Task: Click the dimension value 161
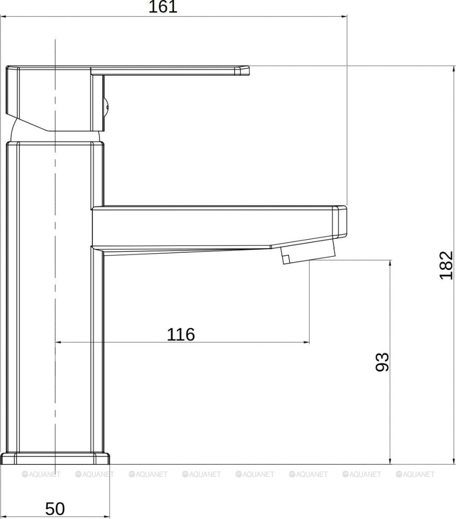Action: click(162, 7)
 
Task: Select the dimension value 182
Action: click(446, 265)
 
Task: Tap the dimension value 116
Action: click(181, 334)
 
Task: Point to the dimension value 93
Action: click(382, 362)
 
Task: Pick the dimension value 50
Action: click(55, 509)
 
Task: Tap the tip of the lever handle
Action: click(244, 71)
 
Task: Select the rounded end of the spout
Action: click(340, 221)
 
